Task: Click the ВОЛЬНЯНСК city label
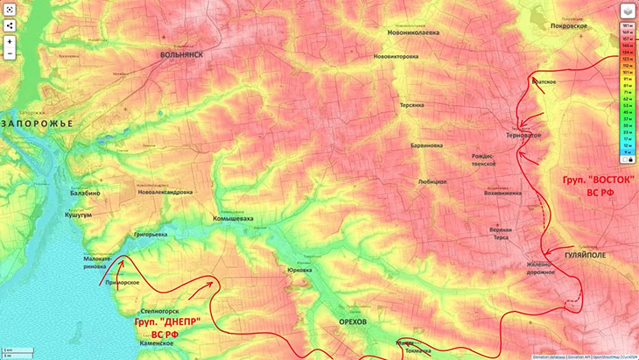(x=181, y=54)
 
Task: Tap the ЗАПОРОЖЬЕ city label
(x=38, y=124)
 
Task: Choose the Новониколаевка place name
(x=414, y=32)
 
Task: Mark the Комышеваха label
(x=233, y=218)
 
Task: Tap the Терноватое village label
(x=524, y=136)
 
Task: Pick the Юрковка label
(x=299, y=270)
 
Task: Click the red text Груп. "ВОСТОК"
(x=598, y=178)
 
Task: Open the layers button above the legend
(x=627, y=11)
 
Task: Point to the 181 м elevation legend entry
(x=628, y=26)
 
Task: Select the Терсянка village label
(x=412, y=104)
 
